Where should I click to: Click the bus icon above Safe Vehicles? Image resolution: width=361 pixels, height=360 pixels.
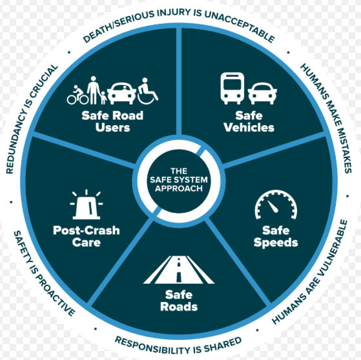(232, 88)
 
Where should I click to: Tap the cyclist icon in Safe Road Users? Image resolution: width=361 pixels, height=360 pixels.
(77, 95)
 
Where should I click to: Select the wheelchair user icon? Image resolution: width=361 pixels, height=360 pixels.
(148, 91)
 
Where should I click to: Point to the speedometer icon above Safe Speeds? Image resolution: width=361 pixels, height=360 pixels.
(276, 205)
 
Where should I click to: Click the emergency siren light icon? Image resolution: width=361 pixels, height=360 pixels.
(87, 205)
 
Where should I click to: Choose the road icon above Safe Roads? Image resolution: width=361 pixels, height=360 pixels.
(179, 270)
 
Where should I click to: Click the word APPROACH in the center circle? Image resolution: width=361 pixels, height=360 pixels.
(179, 188)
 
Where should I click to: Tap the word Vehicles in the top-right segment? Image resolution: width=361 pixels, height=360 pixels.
(249, 128)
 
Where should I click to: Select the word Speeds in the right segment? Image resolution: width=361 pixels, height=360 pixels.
(276, 243)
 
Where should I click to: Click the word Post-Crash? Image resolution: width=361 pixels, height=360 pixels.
(87, 230)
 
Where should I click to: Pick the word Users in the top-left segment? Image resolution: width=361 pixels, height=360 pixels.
(112, 128)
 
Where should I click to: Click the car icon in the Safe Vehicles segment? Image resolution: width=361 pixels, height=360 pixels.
(262, 94)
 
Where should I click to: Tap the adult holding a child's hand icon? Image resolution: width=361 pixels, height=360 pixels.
(96, 90)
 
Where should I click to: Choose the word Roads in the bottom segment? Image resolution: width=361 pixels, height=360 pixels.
(179, 307)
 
